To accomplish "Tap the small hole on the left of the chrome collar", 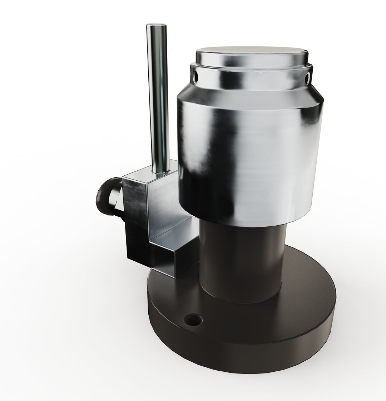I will [x=195, y=75].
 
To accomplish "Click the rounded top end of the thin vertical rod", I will [x=157, y=26].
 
